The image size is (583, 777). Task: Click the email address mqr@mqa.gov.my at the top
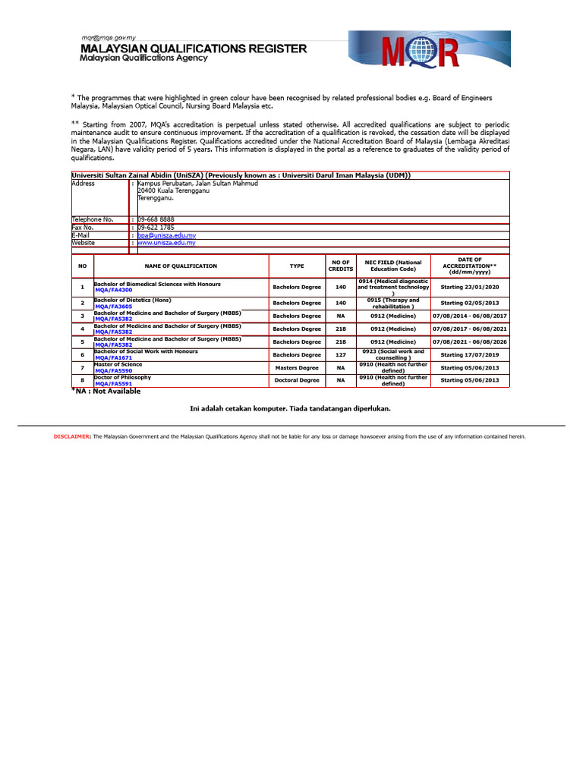pyautogui.click(x=109, y=37)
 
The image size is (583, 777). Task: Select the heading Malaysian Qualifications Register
pyautogui.click(x=194, y=49)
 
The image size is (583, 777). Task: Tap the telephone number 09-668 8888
pyautogui.click(x=156, y=219)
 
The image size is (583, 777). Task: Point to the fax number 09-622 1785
pyautogui.click(x=156, y=227)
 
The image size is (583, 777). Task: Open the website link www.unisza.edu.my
pyautogui.click(x=166, y=243)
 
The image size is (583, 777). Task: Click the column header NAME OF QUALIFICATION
pyautogui.click(x=181, y=266)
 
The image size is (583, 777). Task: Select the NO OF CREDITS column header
pyautogui.click(x=341, y=266)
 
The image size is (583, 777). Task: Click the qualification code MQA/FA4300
pyautogui.click(x=114, y=291)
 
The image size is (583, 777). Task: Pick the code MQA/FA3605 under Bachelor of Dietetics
pyautogui.click(x=114, y=306)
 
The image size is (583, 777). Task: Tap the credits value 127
pyautogui.click(x=341, y=354)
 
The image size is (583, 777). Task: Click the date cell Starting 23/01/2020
pyautogui.click(x=470, y=288)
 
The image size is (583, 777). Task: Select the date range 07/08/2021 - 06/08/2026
pyautogui.click(x=470, y=341)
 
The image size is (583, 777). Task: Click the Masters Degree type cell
pyautogui.click(x=297, y=367)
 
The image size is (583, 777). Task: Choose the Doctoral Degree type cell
pyautogui.click(x=297, y=380)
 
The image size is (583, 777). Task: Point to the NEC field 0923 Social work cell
pyautogui.click(x=392, y=354)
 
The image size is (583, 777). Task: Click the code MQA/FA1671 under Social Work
pyautogui.click(x=114, y=357)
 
